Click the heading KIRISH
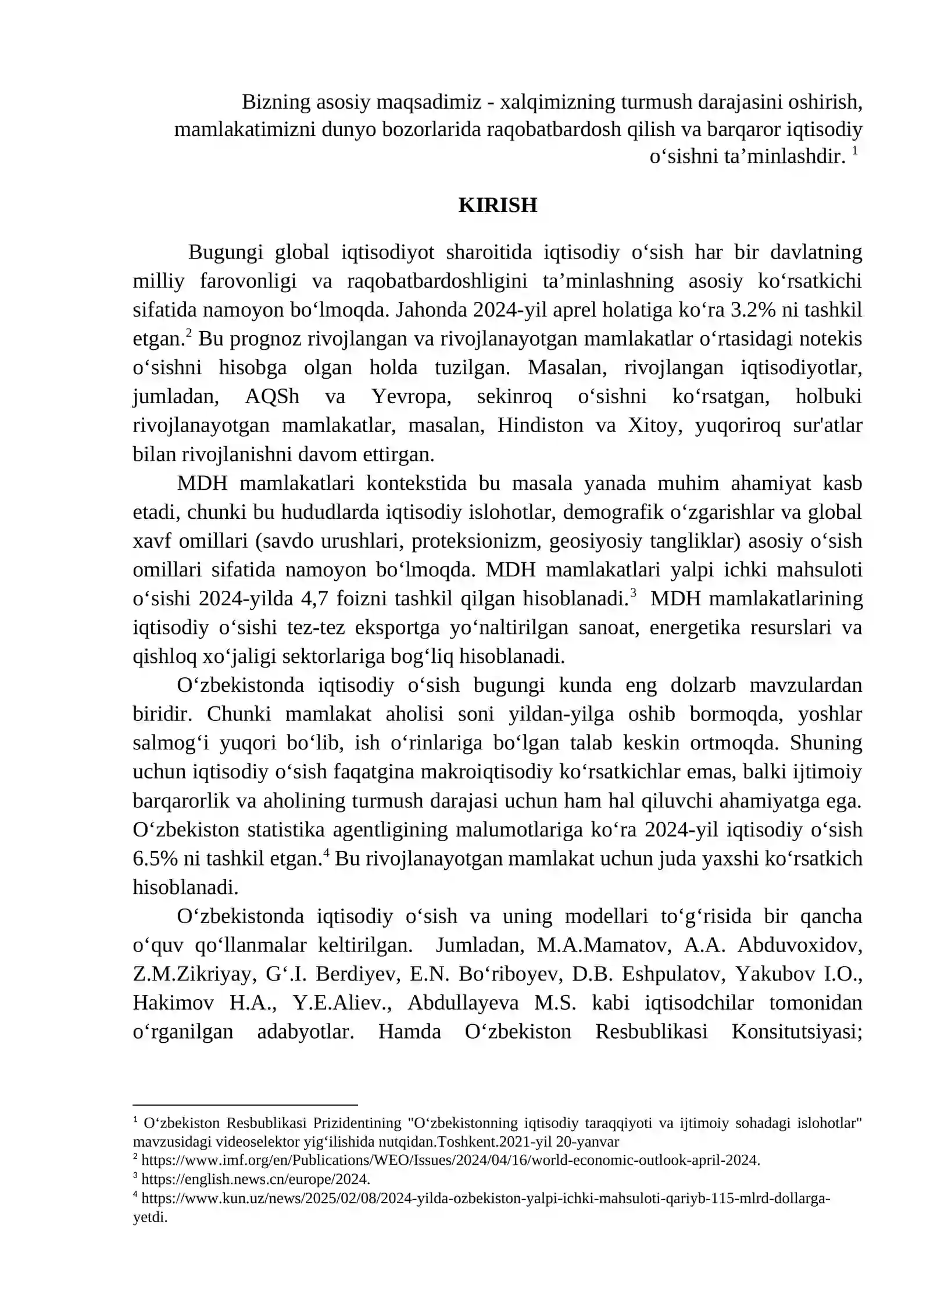498,206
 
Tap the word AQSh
272,396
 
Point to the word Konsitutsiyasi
797,1032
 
